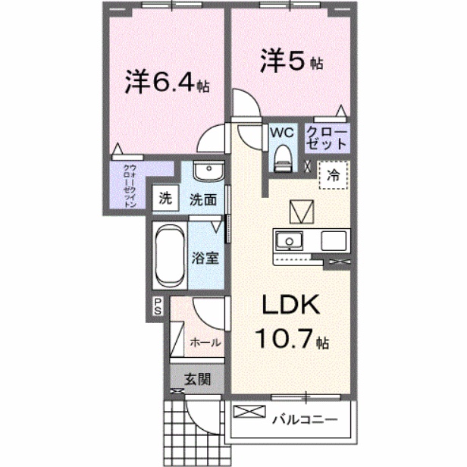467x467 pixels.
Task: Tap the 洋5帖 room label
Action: pyautogui.click(x=292, y=61)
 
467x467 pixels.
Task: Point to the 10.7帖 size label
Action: pyautogui.click(x=291, y=339)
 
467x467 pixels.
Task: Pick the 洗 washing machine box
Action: pyautogui.click(x=165, y=200)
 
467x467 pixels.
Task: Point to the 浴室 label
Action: pyautogui.click(x=206, y=256)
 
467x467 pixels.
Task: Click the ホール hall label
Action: pyautogui.click(x=205, y=342)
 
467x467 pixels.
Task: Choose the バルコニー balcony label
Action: pyautogui.click(x=303, y=416)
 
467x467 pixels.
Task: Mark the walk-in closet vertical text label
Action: pyautogui.click(x=130, y=185)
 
